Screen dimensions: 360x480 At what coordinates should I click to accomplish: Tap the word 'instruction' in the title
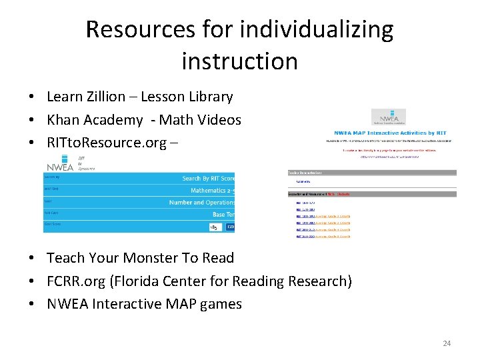239,61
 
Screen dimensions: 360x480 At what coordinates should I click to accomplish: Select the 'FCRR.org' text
75,281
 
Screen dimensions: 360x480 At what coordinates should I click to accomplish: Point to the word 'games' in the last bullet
221,304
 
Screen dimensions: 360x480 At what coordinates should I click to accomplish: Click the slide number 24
447,343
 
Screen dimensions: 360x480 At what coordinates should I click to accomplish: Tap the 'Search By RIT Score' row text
208,178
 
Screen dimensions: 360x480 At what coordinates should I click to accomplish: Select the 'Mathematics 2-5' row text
212,190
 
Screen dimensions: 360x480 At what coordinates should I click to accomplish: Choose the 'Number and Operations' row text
201,202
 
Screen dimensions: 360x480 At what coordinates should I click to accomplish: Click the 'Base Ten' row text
223,215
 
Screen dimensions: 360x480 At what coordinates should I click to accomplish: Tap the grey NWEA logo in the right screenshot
388,118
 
